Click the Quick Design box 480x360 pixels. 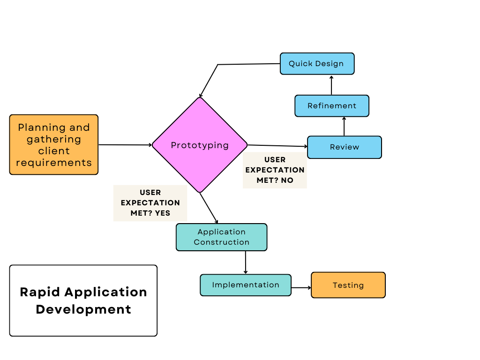(317, 64)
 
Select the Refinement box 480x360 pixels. (332, 106)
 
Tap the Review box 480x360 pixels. (345, 147)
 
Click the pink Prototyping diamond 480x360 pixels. (200, 145)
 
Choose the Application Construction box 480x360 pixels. (221, 237)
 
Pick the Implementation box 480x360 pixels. (246, 285)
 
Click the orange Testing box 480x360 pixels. (348, 285)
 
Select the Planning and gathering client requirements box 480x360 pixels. (54, 145)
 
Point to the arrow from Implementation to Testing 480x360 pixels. (301, 288)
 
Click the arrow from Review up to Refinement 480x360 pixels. (344, 127)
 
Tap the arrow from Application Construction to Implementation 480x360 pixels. (246, 262)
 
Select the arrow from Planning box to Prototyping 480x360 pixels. (125, 145)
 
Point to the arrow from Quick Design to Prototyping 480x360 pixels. (234, 65)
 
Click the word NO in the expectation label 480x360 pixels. (287, 180)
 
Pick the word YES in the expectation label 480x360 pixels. (163, 213)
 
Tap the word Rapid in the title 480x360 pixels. (40, 292)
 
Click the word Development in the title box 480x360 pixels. (83, 309)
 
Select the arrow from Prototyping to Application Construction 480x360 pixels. (209, 208)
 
